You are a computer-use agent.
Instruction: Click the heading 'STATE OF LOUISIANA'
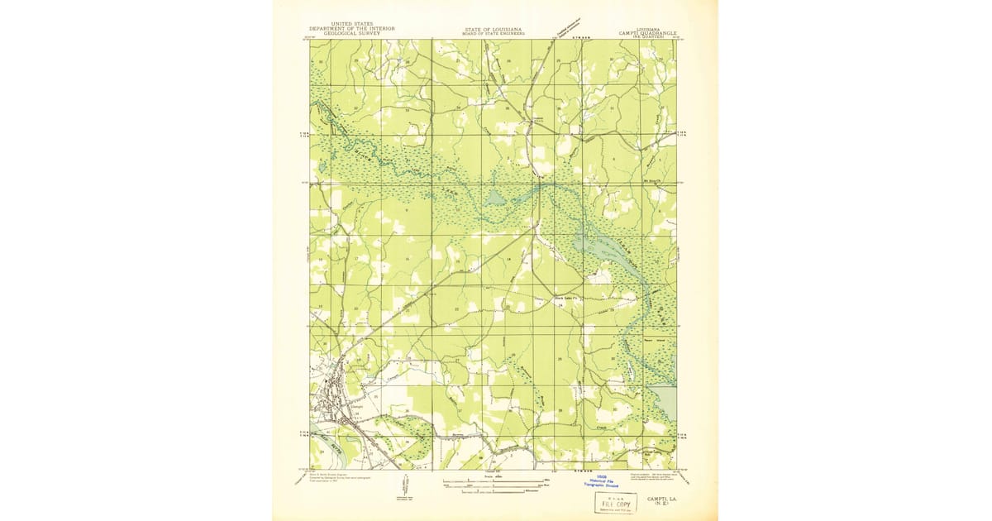tap(492, 28)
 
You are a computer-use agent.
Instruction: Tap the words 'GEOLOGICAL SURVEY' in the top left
tap(351, 33)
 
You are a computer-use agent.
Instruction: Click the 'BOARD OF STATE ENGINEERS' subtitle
tap(492, 33)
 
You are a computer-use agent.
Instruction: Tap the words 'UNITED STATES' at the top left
tap(351, 24)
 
